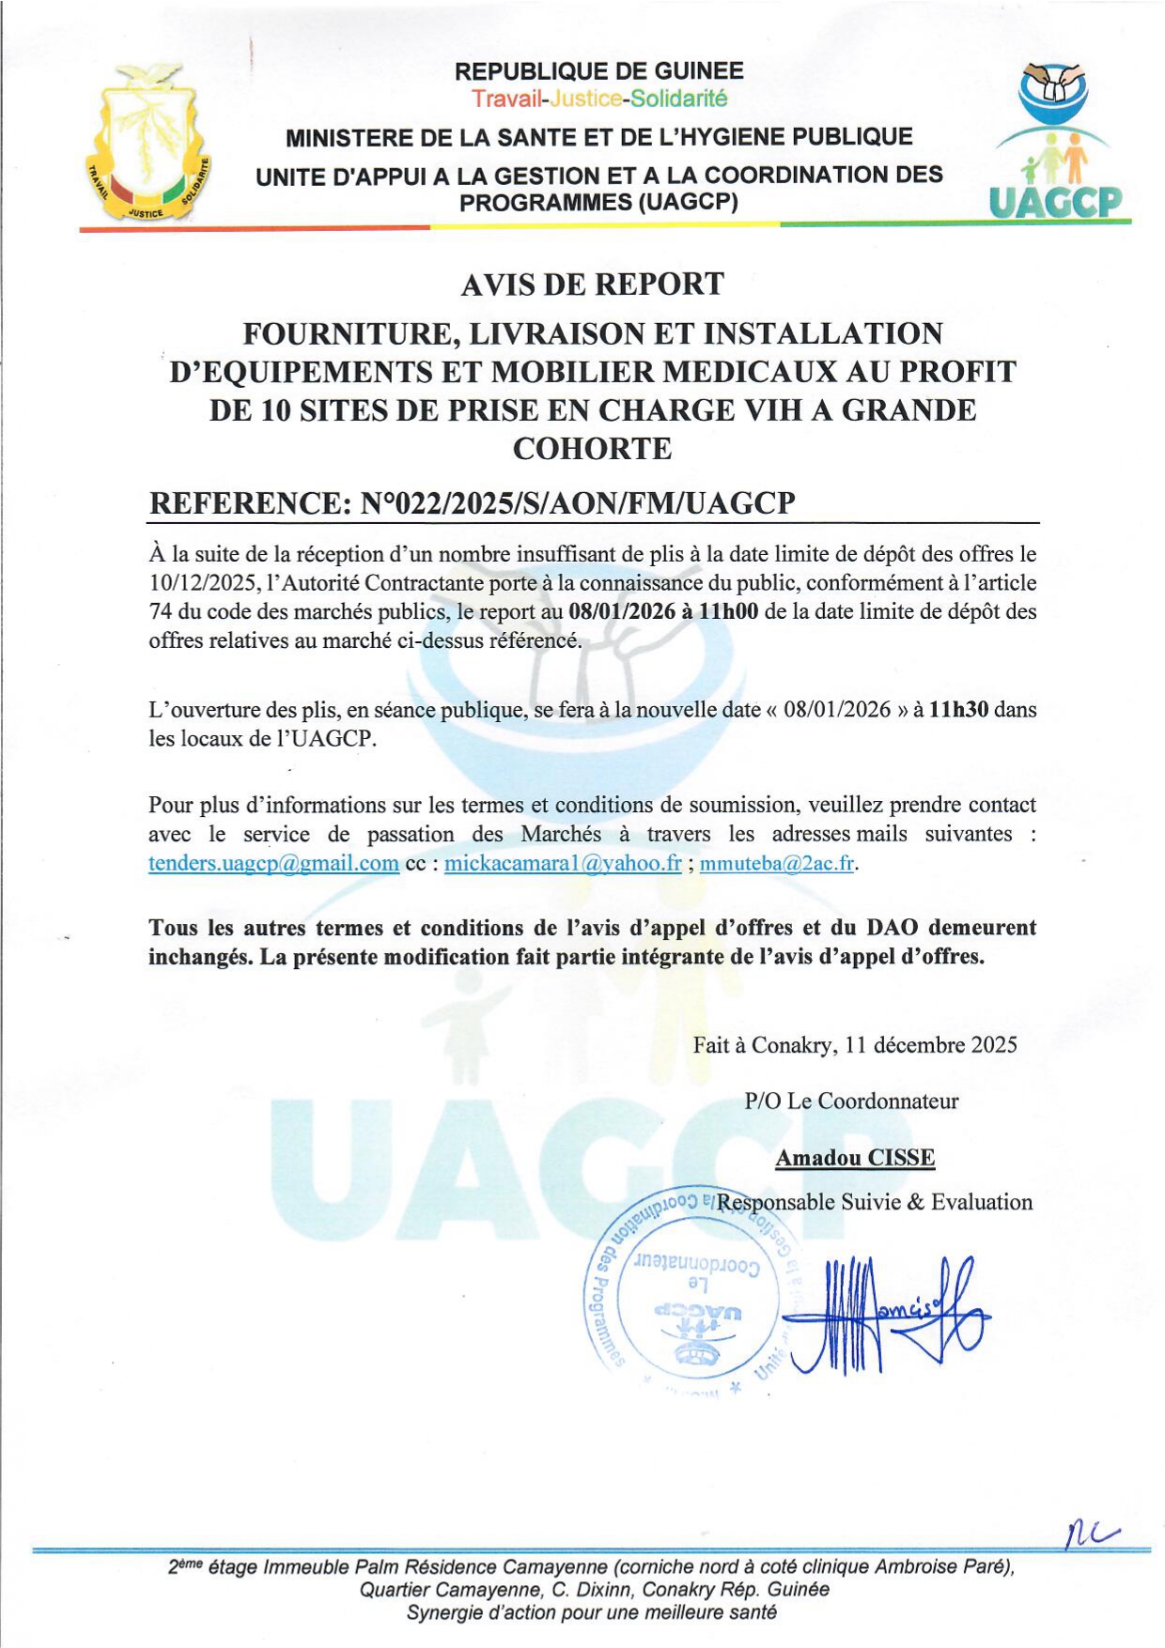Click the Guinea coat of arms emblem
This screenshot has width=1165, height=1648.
pyautogui.click(x=148, y=143)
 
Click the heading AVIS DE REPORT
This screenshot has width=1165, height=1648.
pyautogui.click(x=592, y=284)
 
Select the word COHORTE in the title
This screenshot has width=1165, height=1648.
pyautogui.click(x=592, y=449)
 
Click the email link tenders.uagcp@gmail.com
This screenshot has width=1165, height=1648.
pyautogui.click(x=273, y=863)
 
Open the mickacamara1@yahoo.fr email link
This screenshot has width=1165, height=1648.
pyautogui.click(x=563, y=863)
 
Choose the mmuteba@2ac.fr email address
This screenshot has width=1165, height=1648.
pyautogui.click(x=777, y=863)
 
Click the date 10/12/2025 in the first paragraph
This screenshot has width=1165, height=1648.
pyautogui.click(x=201, y=583)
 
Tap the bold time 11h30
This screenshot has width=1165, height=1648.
pyautogui.click(x=957, y=710)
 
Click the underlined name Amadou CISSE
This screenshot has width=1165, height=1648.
pyautogui.click(x=855, y=1158)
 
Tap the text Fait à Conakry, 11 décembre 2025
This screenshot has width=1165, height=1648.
pyautogui.click(x=855, y=1045)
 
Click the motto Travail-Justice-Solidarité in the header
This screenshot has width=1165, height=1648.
pyautogui.click(x=599, y=99)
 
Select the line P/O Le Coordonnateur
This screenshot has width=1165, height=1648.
pyautogui.click(x=851, y=1101)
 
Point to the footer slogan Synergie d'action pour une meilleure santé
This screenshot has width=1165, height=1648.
pyautogui.click(x=592, y=1613)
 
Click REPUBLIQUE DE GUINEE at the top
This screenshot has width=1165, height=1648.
pyautogui.click(x=599, y=71)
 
